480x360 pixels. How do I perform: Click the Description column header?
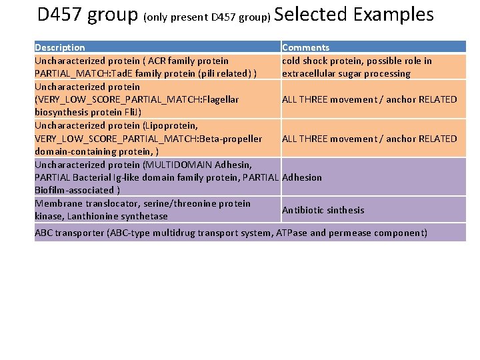pos(60,47)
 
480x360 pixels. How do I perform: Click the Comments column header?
pos(305,47)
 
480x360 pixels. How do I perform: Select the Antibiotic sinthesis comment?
pos(323,210)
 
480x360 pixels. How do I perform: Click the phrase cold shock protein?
pos(316,61)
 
